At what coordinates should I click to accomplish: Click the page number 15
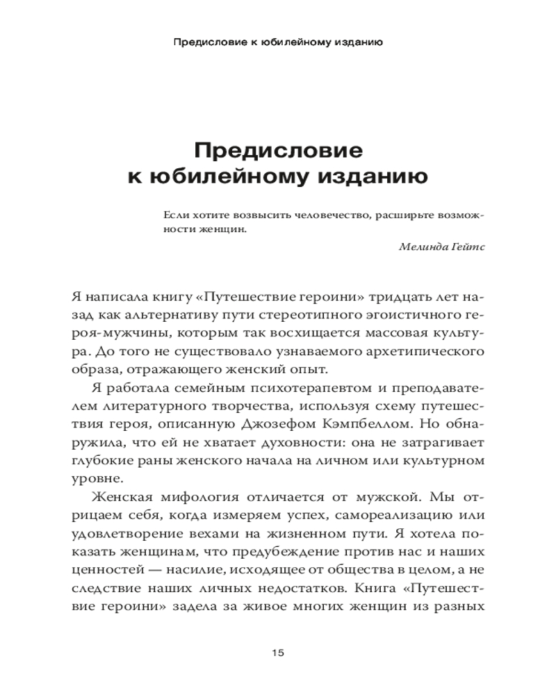[278, 653]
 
